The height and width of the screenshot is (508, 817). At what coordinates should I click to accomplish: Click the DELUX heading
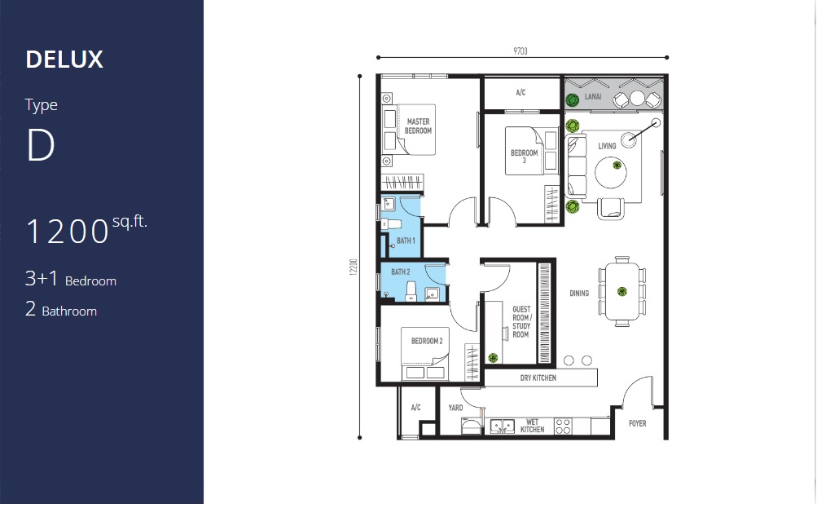(x=64, y=60)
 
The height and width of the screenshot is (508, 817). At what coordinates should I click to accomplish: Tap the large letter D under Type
(x=41, y=145)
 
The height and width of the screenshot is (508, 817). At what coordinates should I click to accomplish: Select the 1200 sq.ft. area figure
(x=86, y=229)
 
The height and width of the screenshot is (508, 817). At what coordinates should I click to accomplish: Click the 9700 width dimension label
(x=520, y=51)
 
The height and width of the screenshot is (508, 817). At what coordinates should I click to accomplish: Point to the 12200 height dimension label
(x=354, y=267)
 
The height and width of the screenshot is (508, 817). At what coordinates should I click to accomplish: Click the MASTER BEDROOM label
(x=418, y=126)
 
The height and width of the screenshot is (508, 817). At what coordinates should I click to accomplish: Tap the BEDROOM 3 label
(x=525, y=156)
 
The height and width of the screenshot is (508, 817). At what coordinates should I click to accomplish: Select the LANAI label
(x=593, y=96)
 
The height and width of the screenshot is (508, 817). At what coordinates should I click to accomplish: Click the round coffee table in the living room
(x=611, y=172)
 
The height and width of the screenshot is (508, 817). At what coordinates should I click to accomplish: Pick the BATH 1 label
(x=406, y=241)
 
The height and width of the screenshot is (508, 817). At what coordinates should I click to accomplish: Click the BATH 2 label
(x=400, y=272)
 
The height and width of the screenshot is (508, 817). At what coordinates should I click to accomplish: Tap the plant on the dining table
(x=622, y=292)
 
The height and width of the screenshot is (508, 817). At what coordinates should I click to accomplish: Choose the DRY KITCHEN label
(x=538, y=378)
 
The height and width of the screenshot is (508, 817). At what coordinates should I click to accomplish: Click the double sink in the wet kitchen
(x=503, y=426)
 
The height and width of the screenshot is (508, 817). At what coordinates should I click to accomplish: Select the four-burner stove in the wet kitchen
(x=563, y=426)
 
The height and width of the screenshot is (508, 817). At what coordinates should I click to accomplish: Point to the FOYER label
(x=637, y=423)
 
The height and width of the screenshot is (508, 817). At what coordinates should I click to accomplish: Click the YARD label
(x=455, y=408)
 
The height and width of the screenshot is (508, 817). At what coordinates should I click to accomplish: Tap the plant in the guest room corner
(x=493, y=358)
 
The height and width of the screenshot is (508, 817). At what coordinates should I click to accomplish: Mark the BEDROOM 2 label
(x=427, y=341)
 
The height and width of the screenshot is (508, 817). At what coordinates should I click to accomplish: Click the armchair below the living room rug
(x=611, y=209)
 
